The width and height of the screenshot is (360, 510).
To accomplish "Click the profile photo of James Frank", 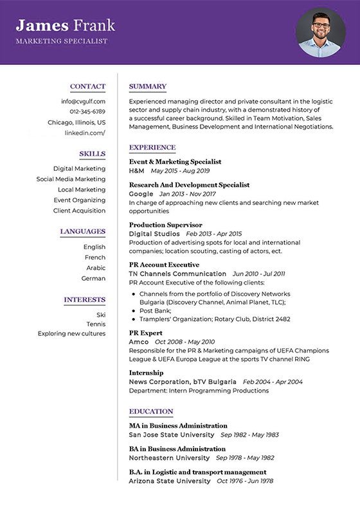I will [320, 32].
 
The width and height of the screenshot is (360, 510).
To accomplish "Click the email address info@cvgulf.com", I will [84, 101].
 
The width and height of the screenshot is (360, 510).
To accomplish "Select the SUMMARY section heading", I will [148, 87].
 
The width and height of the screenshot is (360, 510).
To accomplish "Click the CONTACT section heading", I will [87, 87].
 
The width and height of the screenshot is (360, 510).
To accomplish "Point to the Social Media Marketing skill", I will [71, 179].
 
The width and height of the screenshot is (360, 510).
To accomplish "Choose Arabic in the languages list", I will [96, 268].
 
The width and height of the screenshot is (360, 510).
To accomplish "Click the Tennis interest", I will [96, 324].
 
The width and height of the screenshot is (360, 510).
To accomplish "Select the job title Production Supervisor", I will [165, 225].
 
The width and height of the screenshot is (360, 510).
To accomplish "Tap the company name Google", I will [141, 193].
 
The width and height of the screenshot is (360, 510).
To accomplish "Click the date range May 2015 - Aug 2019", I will [180, 171].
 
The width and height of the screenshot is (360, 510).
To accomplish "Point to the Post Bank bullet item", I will [155, 310].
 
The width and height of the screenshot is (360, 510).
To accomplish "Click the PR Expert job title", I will [147, 333].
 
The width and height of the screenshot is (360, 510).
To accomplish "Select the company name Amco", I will [138, 342].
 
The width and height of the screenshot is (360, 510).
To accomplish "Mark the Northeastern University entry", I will [169, 458].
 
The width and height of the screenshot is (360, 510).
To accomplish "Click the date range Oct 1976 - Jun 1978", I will [245, 481].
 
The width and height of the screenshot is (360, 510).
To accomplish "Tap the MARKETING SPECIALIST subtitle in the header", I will [62, 41].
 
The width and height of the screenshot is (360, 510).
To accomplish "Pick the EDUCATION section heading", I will [151, 412].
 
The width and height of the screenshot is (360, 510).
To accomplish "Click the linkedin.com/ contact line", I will [85, 133].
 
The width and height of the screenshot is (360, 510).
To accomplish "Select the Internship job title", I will [146, 373].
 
